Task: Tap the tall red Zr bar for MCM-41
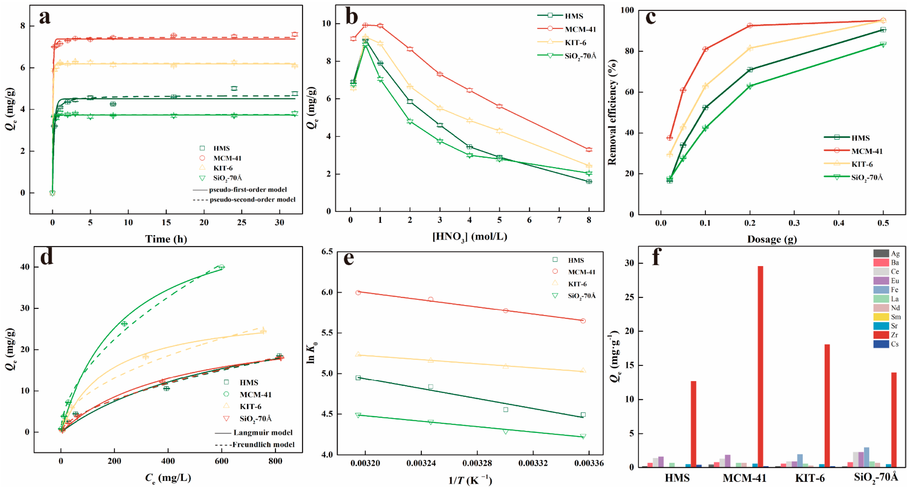tap(760, 366)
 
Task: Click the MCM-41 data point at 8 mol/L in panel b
tap(589, 150)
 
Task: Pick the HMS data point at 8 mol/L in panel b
tap(589, 182)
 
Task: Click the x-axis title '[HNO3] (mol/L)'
tap(470, 236)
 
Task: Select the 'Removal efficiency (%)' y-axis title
tap(612, 112)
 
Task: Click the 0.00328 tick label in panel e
tap(477, 463)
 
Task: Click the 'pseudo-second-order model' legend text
tap(252, 200)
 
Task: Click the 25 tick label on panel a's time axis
tap(241, 223)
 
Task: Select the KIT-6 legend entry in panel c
tap(862, 164)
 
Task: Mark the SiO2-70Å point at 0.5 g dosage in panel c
tap(883, 44)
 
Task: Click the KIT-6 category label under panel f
tap(810, 478)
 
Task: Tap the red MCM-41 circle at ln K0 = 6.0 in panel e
tap(358, 292)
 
